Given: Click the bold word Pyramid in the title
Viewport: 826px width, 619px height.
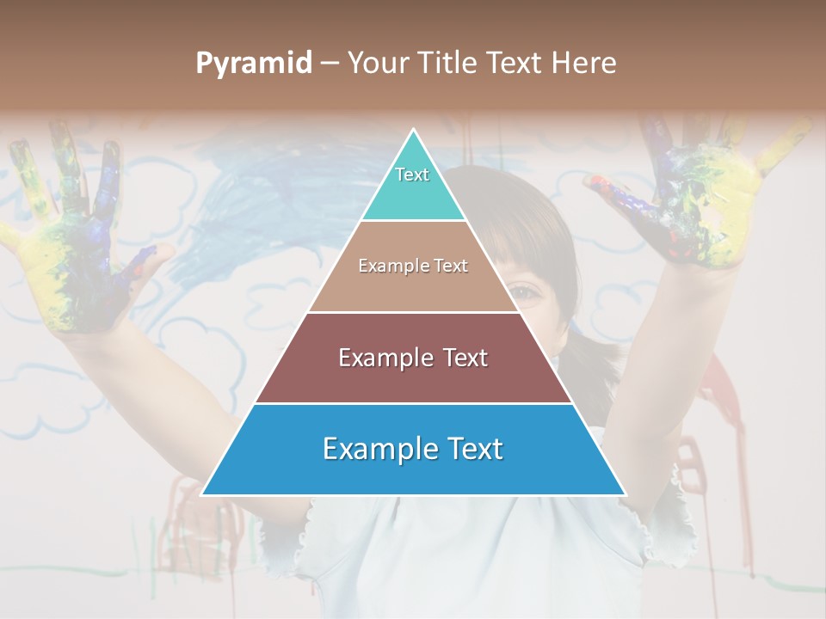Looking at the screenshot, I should pos(254,64).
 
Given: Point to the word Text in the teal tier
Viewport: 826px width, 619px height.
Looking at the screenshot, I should pos(412,175).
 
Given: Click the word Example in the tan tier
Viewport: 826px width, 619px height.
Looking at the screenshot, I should pos(387,267).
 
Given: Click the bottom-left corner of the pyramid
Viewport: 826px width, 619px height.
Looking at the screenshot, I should pos(203,494).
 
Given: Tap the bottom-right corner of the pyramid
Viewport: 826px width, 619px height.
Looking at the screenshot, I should pos(624,494).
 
